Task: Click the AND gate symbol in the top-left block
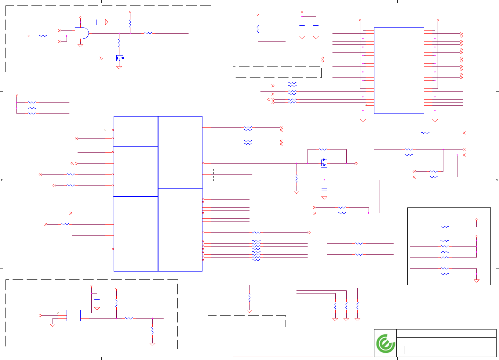[82, 33]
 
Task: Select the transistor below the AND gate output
[119, 58]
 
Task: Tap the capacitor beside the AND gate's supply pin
[96, 22]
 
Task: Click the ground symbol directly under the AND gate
[80, 45]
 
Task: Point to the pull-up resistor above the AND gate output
[130, 23]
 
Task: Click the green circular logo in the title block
[385, 344]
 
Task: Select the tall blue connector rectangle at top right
[399, 70]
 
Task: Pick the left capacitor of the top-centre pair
[302, 27]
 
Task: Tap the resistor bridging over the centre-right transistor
[323, 149]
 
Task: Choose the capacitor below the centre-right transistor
[324, 189]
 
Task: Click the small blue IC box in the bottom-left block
[74, 315]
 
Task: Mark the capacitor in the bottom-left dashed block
[97, 301]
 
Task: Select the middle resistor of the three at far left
[32, 108]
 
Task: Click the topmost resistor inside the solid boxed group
[445, 227]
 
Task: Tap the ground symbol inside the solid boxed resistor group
[476, 281]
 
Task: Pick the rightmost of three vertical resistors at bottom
[357, 305]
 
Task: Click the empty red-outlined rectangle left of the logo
[303, 347]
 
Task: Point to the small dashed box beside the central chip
[240, 176]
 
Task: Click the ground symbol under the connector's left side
[363, 120]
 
